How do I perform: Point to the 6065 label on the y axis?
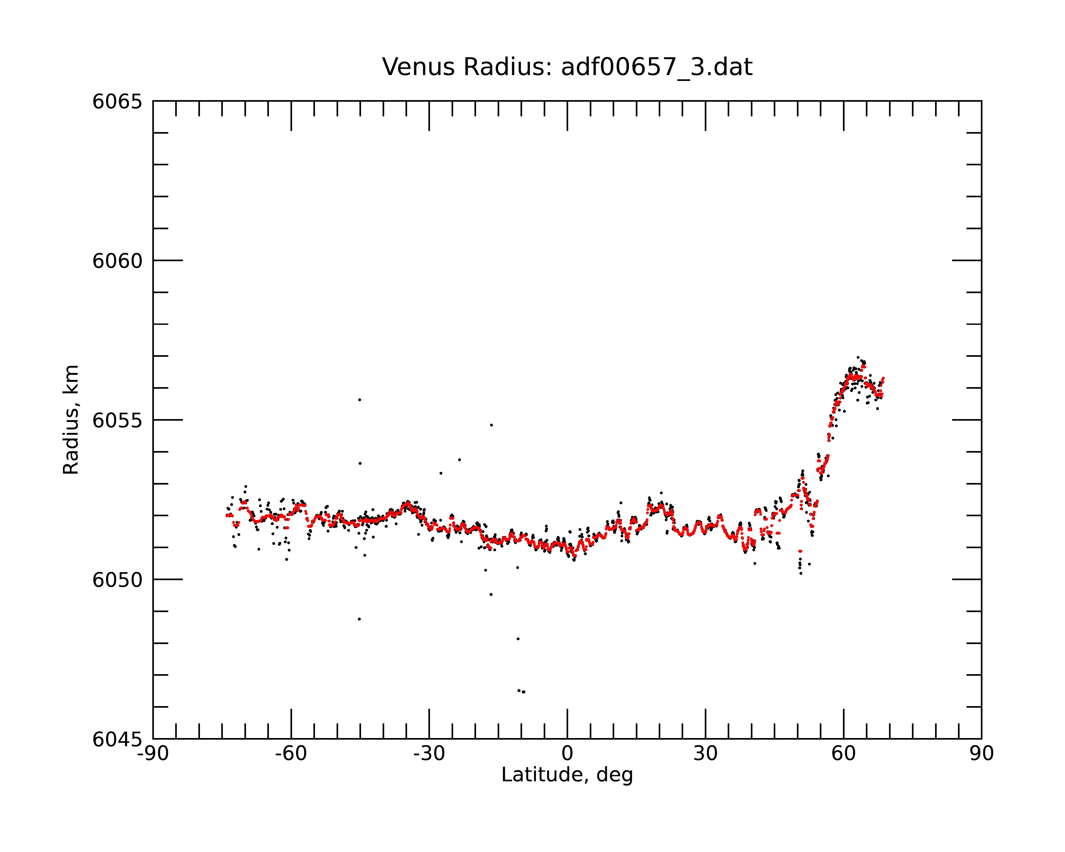pos(117,102)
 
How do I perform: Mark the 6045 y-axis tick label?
pos(117,739)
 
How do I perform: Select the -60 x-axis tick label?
pos(291,754)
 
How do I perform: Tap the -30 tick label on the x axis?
pos(429,754)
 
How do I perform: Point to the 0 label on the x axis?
pos(567,754)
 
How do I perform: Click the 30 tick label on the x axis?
pos(705,754)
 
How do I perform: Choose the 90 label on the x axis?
pos(981,754)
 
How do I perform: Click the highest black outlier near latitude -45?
pos(360,400)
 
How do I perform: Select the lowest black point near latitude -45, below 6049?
pos(359,619)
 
